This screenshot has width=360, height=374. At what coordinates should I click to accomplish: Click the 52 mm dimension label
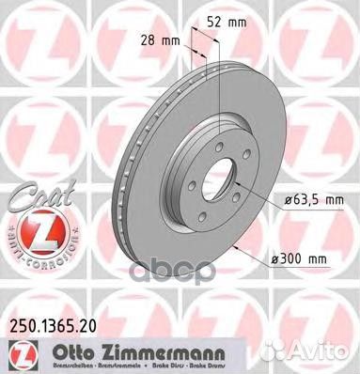(229, 20)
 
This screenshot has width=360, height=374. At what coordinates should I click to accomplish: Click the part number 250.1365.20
(59, 325)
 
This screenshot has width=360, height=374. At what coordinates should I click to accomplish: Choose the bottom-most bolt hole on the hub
(211, 209)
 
